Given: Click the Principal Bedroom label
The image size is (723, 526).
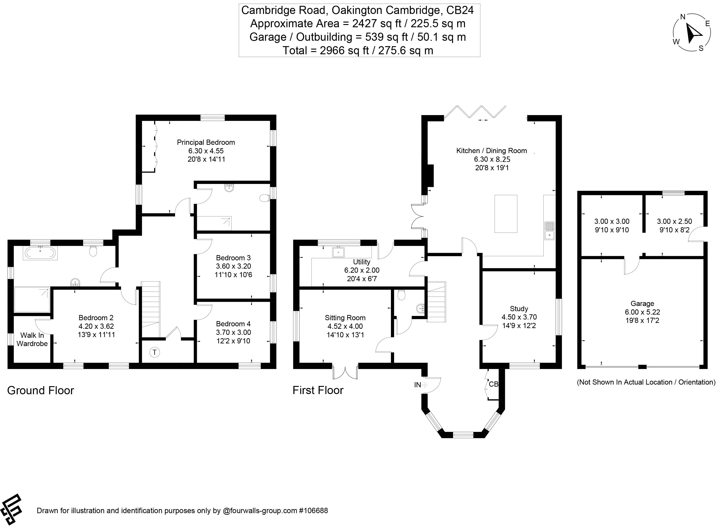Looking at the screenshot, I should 206,142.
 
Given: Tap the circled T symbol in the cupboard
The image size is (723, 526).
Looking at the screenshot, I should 155,352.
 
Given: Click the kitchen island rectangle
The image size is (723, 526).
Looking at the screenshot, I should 506,214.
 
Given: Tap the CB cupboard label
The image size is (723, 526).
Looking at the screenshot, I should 493,384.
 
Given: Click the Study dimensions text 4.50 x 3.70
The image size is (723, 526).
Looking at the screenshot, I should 519,317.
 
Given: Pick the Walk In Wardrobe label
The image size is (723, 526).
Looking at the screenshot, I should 32,339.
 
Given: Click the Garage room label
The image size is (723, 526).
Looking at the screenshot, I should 642,304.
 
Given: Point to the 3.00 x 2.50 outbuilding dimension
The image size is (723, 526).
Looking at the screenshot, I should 674,221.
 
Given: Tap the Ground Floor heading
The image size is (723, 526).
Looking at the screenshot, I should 41,390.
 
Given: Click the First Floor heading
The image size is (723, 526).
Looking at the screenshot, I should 318,390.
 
